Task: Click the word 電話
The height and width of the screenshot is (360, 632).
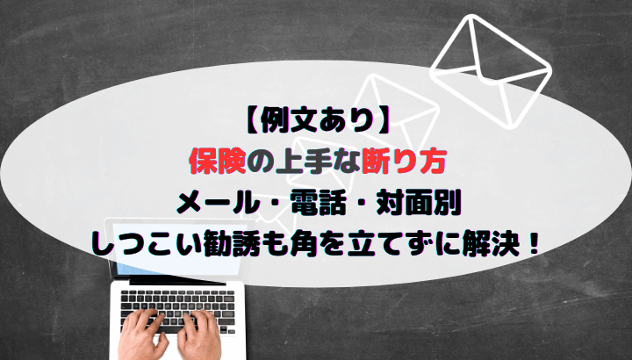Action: coord(319,205)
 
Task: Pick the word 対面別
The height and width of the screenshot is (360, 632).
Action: coord(419,205)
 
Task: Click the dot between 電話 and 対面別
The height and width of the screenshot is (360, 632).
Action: coord(362,205)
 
